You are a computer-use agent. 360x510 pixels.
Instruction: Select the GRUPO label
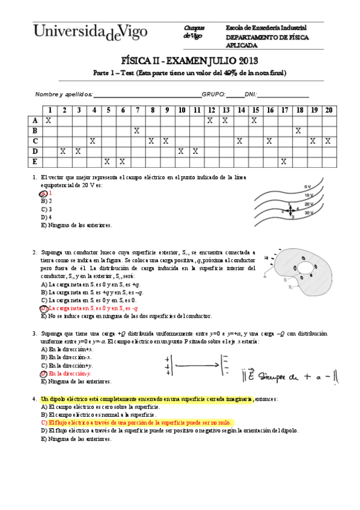click(x=213, y=94)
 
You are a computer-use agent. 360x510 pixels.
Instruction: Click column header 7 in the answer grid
click(x=137, y=110)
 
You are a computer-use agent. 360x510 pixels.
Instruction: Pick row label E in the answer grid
click(x=35, y=161)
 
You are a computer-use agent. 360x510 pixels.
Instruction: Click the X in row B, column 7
click(x=137, y=131)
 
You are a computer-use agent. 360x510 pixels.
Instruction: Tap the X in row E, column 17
click(x=284, y=161)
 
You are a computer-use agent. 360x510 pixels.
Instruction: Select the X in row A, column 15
click(x=254, y=120)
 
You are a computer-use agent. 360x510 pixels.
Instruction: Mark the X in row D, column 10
click(x=181, y=151)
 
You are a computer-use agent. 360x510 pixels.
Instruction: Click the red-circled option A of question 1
click(x=44, y=194)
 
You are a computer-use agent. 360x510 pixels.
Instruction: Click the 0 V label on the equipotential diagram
click(x=307, y=186)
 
